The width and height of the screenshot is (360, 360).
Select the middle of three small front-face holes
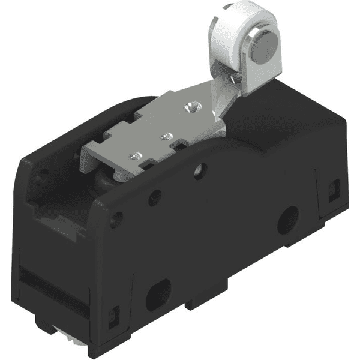155,196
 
